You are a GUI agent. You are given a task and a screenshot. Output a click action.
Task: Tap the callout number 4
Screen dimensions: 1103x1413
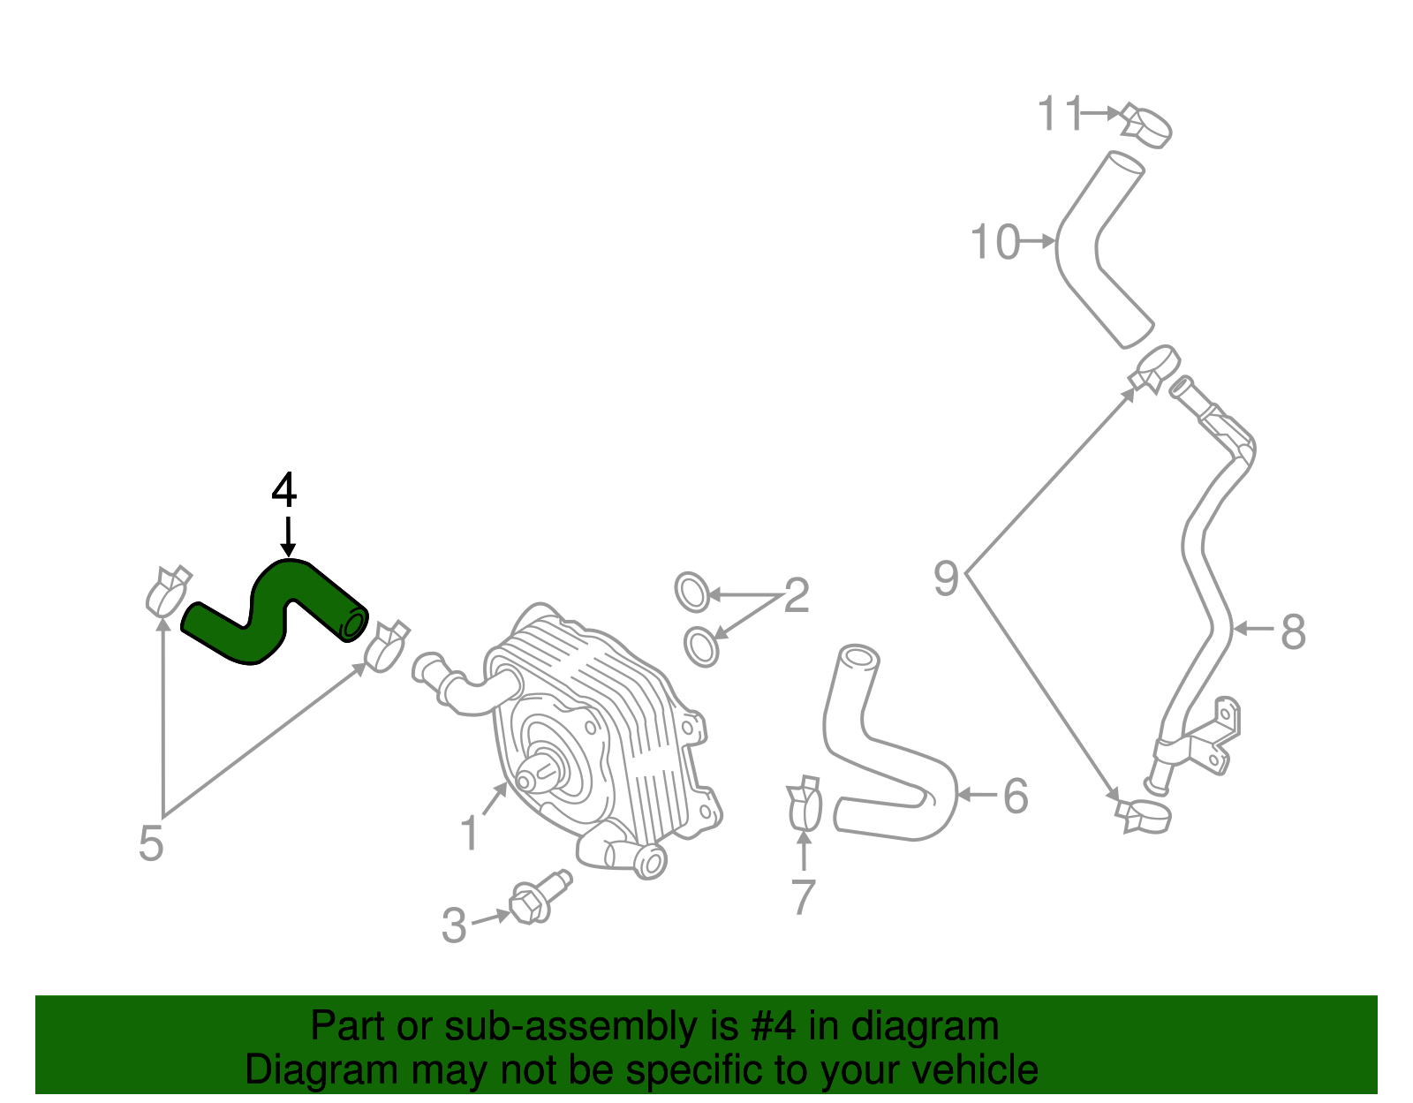(x=283, y=490)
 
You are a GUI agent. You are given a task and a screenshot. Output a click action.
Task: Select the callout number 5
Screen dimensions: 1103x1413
(x=151, y=843)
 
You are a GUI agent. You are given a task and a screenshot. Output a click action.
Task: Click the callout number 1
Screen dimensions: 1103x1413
(x=470, y=833)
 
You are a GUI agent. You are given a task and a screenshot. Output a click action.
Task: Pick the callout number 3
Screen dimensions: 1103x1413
(x=454, y=925)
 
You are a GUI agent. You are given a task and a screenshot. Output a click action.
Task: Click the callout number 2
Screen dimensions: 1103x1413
(x=796, y=596)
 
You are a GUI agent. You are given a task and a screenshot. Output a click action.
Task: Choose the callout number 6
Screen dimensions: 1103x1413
(x=1016, y=796)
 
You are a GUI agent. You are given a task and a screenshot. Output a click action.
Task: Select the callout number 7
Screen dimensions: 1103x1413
(x=803, y=897)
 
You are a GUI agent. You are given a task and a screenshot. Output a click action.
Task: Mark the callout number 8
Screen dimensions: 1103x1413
(x=1293, y=631)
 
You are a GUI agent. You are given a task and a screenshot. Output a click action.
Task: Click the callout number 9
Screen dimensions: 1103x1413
(x=946, y=579)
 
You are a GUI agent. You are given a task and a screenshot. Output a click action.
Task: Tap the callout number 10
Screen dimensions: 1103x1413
(x=995, y=242)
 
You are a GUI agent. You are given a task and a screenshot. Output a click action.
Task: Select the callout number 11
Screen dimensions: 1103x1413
(x=1059, y=114)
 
